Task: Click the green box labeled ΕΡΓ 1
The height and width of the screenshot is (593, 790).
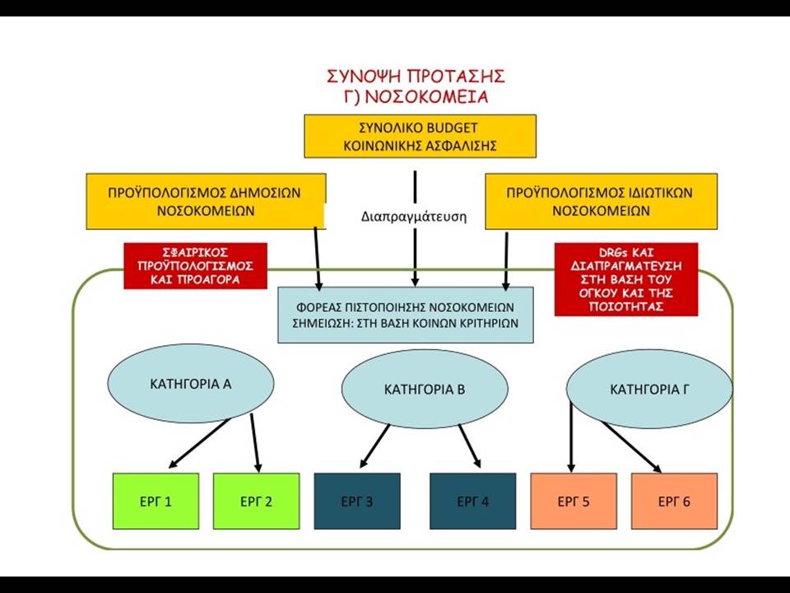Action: [x=156, y=501]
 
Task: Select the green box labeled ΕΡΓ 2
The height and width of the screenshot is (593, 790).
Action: [x=257, y=501]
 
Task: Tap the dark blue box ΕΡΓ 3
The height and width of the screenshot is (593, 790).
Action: [x=357, y=501]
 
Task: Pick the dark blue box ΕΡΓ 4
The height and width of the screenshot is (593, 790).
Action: [x=473, y=501]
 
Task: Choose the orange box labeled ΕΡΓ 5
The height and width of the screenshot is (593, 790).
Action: [x=574, y=501]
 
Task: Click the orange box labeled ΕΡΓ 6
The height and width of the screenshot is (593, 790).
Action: [x=674, y=501]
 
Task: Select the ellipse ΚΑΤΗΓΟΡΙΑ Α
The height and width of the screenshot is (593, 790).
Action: [x=191, y=384]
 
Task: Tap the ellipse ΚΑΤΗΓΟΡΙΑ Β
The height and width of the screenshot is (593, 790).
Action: [x=425, y=389]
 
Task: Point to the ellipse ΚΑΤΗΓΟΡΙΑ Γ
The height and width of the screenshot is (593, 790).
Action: [x=649, y=389]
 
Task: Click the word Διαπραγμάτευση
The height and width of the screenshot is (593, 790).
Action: [x=414, y=217]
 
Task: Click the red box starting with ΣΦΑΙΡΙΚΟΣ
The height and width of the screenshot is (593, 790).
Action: [x=196, y=266]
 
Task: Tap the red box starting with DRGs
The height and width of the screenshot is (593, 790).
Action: [x=626, y=279]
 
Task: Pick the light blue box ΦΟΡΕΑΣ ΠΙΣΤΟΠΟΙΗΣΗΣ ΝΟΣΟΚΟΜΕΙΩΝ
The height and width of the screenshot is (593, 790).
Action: [x=406, y=315]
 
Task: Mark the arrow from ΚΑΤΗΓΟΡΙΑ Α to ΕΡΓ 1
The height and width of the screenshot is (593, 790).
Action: [x=199, y=443]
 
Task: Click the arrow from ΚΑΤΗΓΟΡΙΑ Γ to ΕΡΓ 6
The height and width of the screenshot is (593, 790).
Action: [x=631, y=446]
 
